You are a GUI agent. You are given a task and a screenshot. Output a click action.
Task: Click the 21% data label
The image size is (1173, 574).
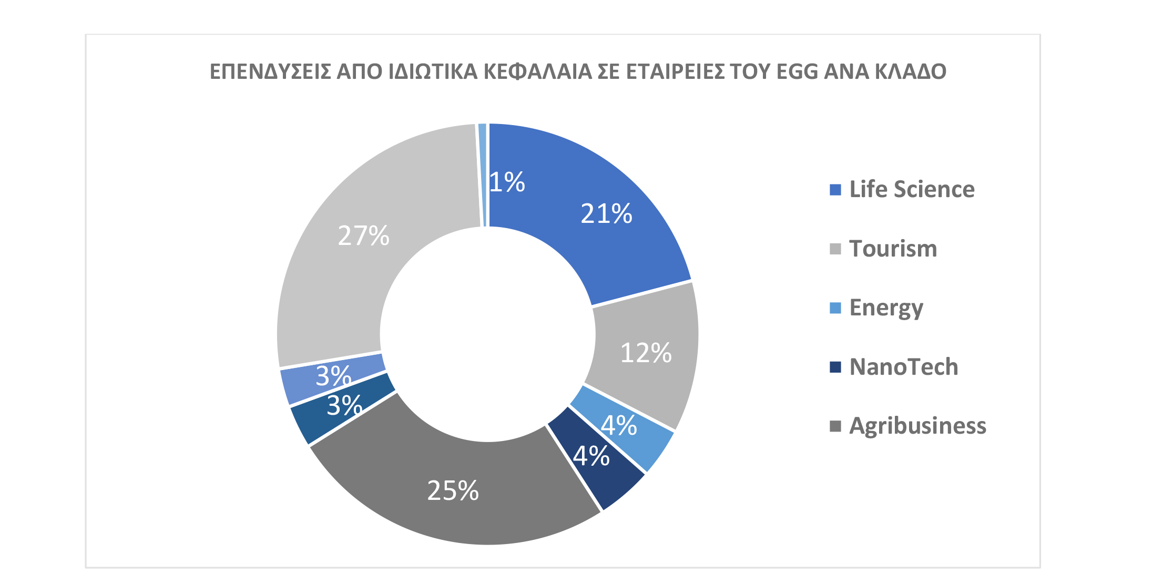coord(606,214)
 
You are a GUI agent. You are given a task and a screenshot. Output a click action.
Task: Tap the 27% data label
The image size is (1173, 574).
coord(363,235)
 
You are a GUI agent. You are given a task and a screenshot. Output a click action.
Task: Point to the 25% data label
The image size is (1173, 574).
coord(453,491)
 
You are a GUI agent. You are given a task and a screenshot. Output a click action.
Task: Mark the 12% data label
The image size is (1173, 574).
coord(646,353)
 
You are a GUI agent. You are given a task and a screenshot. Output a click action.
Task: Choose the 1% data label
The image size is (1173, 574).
coord(507,182)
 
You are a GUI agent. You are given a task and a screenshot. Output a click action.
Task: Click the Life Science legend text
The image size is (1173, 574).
coord(912,189)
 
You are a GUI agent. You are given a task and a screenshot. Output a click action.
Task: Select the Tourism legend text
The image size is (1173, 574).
coord(893,249)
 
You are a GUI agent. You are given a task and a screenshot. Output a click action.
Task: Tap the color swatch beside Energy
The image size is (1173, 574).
coord(835,308)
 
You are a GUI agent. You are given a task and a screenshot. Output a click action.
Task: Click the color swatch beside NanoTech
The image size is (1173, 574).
coord(835,367)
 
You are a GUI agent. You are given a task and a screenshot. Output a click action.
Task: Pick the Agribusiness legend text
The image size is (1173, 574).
coord(917,426)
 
